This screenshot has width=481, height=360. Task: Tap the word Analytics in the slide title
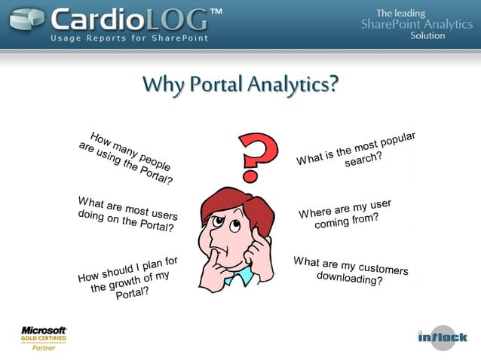[290, 85]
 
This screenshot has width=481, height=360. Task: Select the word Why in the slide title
[161, 85]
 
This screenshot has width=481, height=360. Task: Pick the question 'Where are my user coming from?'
[346, 215]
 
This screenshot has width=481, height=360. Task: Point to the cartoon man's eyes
[227, 223]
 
